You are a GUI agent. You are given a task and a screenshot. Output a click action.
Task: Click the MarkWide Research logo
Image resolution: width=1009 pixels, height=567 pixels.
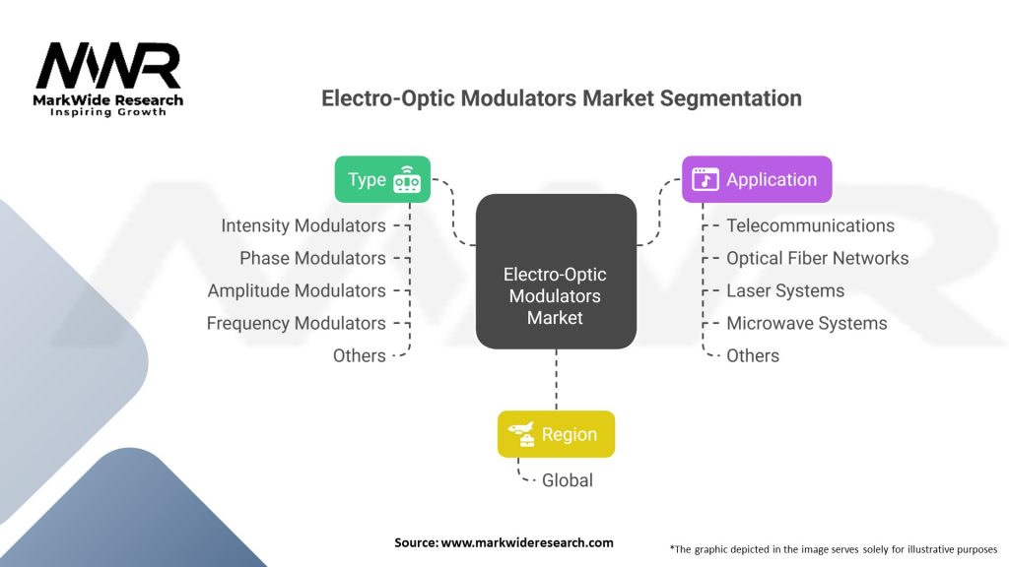click(108, 78)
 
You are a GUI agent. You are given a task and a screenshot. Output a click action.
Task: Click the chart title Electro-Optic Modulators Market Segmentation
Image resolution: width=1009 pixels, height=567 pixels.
click(562, 98)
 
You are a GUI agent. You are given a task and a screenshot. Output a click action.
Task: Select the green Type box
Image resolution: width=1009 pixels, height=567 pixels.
click(382, 179)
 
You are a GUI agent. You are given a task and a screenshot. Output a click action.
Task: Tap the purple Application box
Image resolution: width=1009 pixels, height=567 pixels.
click(757, 179)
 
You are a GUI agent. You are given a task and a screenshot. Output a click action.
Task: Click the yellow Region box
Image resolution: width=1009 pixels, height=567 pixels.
click(556, 434)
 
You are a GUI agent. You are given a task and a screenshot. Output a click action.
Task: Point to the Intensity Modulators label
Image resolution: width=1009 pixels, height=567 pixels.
click(303, 225)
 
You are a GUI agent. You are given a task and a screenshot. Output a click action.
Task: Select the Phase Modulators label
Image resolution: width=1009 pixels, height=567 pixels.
click(312, 258)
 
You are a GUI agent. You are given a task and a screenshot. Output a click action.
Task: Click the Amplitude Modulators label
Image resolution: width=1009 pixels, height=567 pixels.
click(297, 290)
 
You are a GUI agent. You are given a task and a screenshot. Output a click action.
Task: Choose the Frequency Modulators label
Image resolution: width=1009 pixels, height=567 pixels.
click(296, 323)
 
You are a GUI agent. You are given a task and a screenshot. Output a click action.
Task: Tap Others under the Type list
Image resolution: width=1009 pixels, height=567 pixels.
click(360, 355)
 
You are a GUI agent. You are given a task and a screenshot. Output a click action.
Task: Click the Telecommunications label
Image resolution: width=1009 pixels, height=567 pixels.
click(810, 225)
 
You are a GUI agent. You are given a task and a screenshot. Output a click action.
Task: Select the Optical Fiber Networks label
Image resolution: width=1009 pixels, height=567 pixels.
click(817, 258)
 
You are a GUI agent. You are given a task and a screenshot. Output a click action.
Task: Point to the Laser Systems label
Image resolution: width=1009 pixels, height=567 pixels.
click(785, 290)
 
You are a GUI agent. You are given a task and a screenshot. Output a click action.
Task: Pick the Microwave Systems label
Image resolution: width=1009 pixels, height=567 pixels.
click(806, 323)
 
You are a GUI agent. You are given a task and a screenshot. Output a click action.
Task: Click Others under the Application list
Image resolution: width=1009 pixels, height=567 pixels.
click(753, 355)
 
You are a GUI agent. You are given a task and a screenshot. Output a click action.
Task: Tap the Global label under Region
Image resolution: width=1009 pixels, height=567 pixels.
click(568, 480)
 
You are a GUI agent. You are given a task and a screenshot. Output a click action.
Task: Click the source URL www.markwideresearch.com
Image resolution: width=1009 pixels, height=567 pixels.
click(504, 542)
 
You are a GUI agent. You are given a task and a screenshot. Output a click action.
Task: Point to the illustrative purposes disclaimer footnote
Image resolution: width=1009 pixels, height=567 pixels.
click(834, 548)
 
